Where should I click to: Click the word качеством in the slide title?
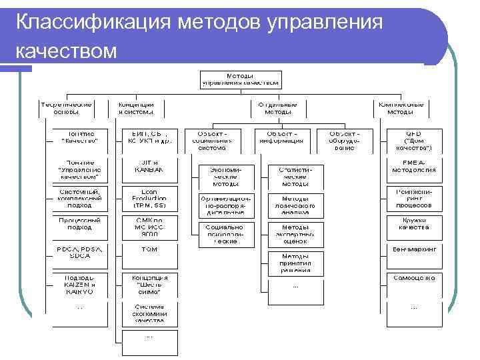point(66,51)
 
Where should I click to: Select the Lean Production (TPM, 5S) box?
point(149,198)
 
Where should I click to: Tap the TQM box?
point(149,249)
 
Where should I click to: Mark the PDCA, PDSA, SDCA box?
point(79,253)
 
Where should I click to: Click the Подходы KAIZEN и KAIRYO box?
point(79,284)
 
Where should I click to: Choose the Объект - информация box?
point(280,137)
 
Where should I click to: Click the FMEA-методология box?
point(414,166)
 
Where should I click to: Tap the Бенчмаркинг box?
point(414,249)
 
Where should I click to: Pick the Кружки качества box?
point(414,224)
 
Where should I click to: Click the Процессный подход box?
point(79,224)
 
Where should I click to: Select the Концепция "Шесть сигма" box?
point(149,284)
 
